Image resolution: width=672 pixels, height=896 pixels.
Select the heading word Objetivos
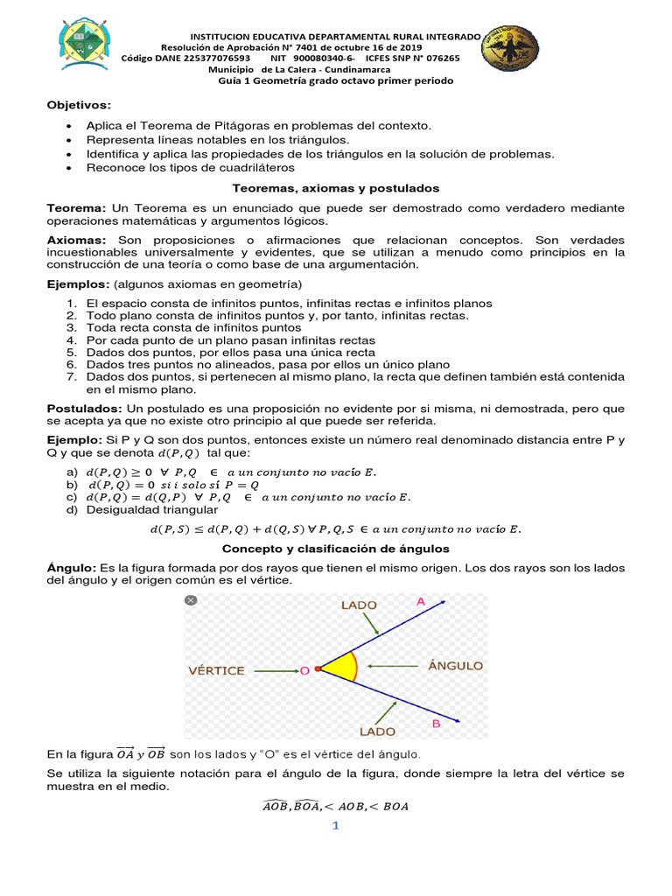click(79, 105)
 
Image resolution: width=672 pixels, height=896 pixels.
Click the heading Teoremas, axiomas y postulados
click(335, 188)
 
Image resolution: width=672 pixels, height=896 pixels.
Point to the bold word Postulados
click(85, 409)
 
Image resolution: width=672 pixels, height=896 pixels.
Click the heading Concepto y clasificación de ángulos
click(335, 549)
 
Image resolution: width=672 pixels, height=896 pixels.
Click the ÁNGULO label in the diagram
click(455, 666)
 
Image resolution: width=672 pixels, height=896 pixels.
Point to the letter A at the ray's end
click(421, 602)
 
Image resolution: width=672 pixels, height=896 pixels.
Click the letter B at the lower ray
click(436, 724)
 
